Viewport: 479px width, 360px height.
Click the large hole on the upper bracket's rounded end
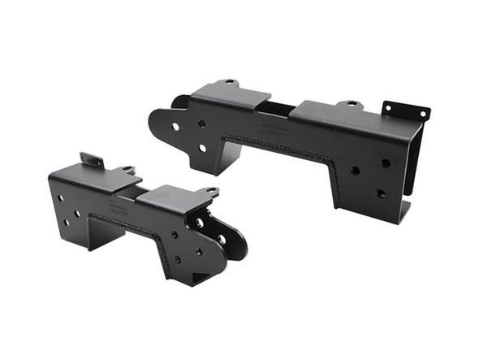click(x=175, y=126)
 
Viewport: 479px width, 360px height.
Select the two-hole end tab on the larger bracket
click(x=406, y=112)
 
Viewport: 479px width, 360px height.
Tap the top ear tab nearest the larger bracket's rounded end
click(x=230, y=83)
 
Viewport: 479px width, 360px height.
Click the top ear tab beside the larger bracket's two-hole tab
click(x=351, y=105)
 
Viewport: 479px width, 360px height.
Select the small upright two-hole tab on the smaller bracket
click(x=92, y=161)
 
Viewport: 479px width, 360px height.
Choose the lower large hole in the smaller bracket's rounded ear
click(x=221, y=240)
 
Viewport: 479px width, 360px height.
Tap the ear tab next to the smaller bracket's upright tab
click(x=127, y=170)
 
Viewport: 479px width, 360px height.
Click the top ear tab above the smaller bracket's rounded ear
click(x=210, y=192)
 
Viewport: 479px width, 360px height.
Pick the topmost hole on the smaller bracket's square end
click(x=60, y=197)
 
